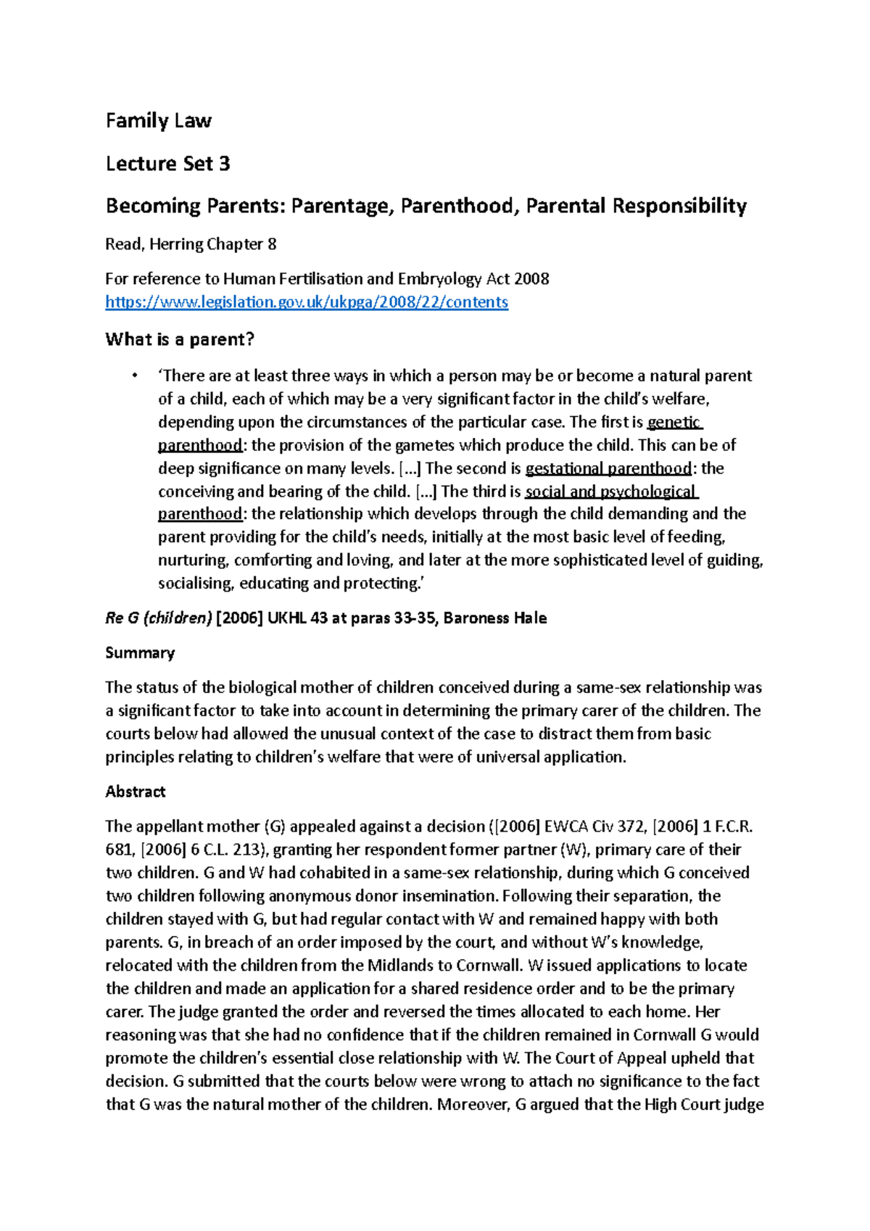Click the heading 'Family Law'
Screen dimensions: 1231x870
click(158, 121)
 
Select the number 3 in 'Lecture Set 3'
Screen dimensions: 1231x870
click(224, 164)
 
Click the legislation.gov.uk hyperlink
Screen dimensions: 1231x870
click(307, 302)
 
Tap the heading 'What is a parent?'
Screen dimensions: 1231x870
click(180, 339)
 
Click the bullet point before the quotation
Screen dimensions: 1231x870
click(133, 376)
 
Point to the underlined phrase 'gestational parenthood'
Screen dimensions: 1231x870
click(608, 468)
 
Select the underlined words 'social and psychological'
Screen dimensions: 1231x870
click(610, 492)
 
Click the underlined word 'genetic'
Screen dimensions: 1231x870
click(674, 422)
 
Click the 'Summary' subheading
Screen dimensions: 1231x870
click(140, 652)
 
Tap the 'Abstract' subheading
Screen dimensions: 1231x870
click(136, 792)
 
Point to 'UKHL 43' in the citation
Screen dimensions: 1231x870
click(297, 618)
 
